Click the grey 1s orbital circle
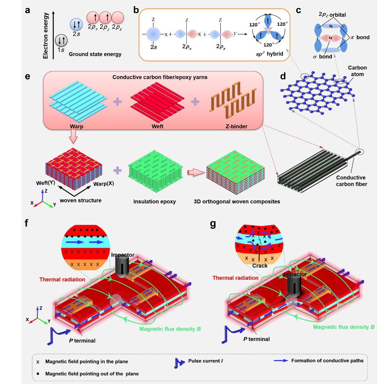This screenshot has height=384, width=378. tap(61, 40)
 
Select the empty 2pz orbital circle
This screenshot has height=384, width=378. tap(118, 18)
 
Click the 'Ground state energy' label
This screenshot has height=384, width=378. tap(95, 54)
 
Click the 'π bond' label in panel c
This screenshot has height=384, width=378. tap(360, 37)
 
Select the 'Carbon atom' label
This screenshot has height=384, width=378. tap(357, 71)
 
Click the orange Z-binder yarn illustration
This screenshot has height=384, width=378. tap(233, 101)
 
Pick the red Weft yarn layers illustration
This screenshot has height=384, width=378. tap(157, 100)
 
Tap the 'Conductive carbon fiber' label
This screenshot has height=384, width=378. tap(351, 181)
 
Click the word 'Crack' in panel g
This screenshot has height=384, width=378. tap(260, 266)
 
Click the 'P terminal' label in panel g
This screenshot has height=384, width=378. tap(257, 339)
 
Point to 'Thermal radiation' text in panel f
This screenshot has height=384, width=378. tap(62, 279)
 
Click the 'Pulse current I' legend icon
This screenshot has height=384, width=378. tap(179, 363)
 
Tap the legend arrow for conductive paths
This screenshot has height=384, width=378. tap(281, 361)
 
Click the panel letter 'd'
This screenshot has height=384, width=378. tap(282, 76)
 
